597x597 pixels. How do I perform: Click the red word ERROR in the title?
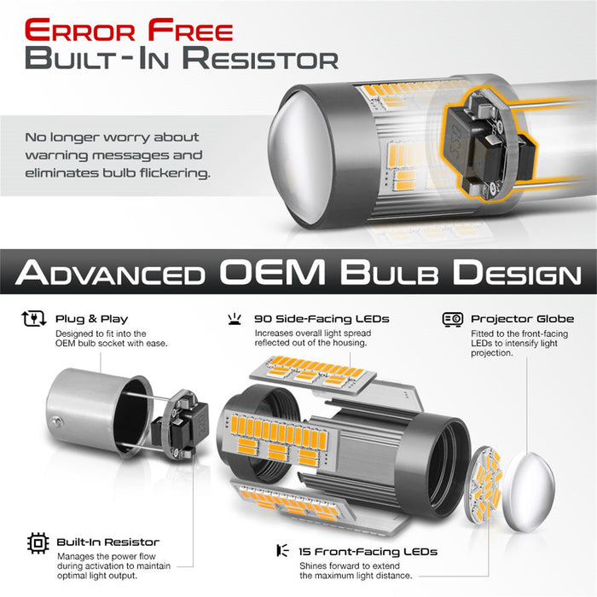coord(79,30)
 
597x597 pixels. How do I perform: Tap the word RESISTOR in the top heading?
coord(260,58)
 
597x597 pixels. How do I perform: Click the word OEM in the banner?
coord(272,271)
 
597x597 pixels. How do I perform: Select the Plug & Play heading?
coord(92,319)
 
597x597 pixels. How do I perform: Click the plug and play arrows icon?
coord(34,319)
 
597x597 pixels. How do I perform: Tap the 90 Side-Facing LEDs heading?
coord(322,319)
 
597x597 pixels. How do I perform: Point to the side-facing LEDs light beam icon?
coord(235,319)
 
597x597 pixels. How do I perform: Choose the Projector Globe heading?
coord(522,319)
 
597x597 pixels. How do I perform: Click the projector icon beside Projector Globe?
coord(453,320)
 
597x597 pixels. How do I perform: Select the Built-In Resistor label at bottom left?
coord(107,542)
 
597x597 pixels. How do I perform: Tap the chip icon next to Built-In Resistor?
coord(38,543)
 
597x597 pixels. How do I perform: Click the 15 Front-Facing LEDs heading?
coord(368,551)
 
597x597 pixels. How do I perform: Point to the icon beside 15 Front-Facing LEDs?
coord(282,551)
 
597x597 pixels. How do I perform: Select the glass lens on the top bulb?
coord(301,155)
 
